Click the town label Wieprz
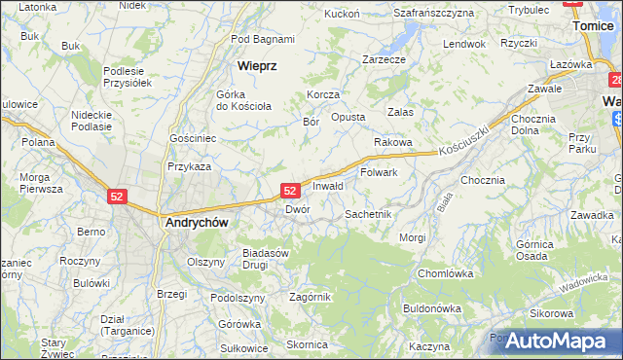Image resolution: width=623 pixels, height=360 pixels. (258, 66)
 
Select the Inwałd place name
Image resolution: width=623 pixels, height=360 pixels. (328, 186)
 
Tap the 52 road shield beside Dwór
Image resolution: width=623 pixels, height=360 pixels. (290, 192)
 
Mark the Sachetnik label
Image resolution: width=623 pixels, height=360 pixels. (368, 213)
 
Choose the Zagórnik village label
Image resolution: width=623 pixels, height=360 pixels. (311, 297)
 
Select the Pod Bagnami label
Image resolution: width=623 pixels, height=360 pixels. (263, 39)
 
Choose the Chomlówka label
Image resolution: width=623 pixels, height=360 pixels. (445, 273)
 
